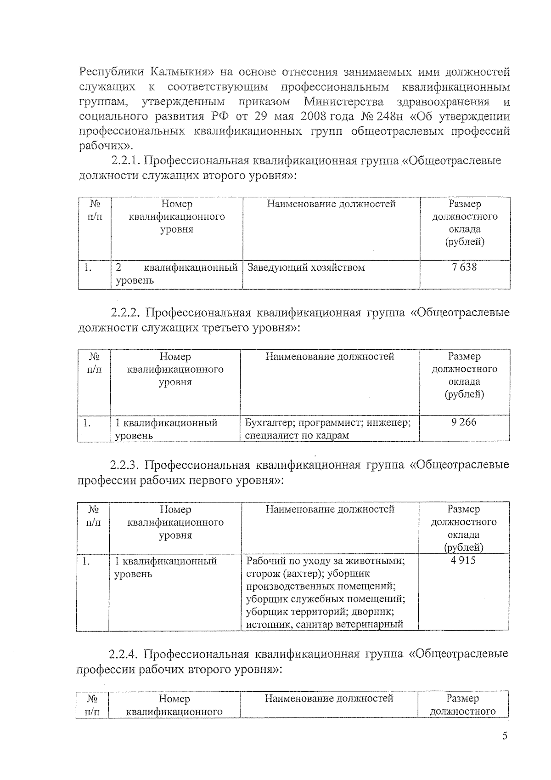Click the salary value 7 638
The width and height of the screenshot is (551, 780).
point(464,267)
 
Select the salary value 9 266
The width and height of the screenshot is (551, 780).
point(464,422)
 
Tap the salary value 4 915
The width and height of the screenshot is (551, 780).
point(463,560)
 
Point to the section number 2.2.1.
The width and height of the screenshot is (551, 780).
point(128,161)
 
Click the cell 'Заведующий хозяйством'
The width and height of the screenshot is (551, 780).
point(306,268)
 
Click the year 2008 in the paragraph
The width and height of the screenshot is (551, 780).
point(313,117)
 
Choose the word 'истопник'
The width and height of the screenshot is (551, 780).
point(268,625)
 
